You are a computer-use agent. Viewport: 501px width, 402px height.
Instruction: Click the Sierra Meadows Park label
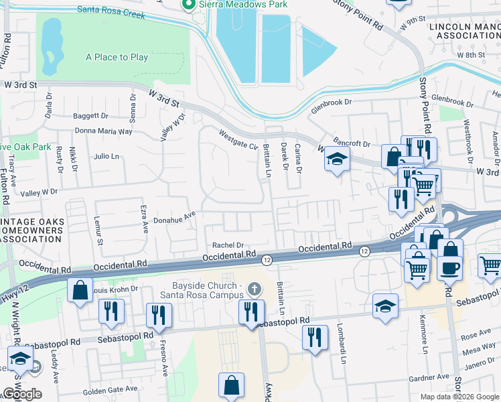click(x=242, y=5)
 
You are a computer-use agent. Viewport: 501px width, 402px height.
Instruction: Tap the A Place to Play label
click(x=117, y=58)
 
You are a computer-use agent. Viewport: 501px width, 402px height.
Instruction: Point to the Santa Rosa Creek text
click(x=111, y=11)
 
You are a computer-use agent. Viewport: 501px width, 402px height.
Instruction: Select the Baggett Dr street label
click(x=91, y=116)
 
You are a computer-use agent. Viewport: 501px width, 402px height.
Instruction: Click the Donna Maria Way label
click(x=104, y=131)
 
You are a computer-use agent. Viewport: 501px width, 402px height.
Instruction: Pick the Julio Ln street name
click(x=106, y=157)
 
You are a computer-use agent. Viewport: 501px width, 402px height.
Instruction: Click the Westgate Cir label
click(x=239, y=140)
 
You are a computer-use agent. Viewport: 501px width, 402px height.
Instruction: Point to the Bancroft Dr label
click(x=354, y=143)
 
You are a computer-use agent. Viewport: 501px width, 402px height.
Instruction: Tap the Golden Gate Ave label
click(x=110, y=389)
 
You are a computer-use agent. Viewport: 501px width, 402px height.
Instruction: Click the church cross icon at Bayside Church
click(x=253, y=289)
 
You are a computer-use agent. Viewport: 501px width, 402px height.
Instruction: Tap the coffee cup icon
click(x=450, y=267)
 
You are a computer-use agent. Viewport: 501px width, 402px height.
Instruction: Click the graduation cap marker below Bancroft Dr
click(x=338, y=159)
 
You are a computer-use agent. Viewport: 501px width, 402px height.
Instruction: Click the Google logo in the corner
click(x=21, y=394)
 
